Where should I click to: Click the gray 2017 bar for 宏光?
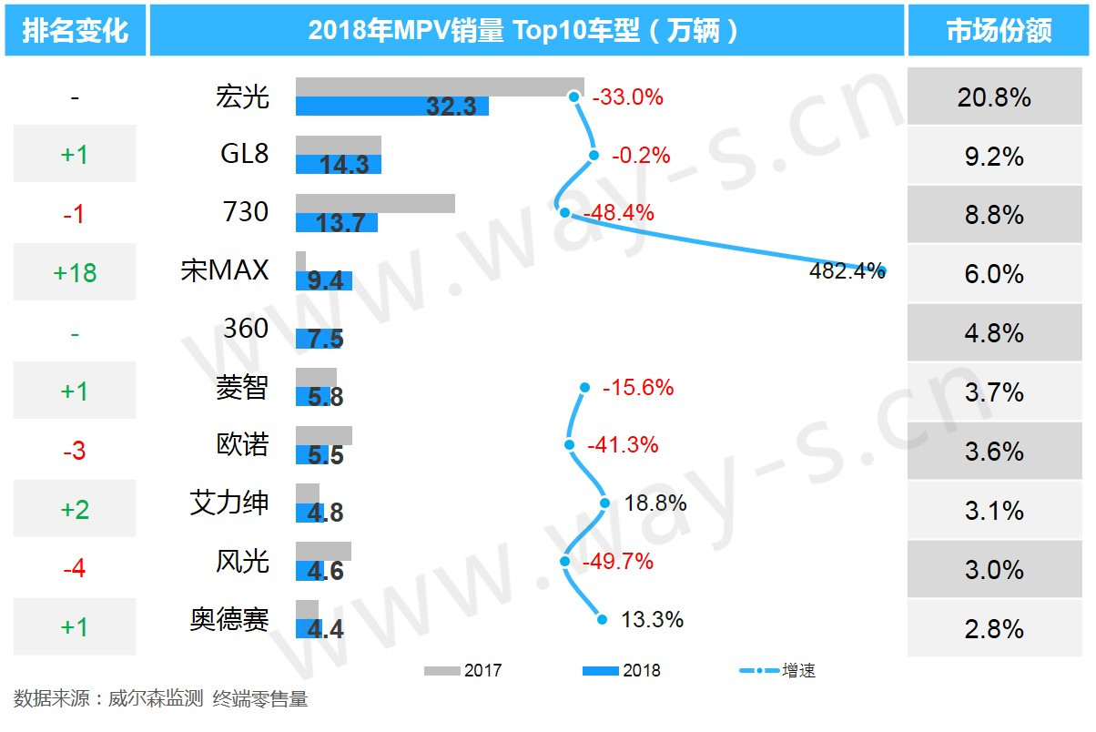[440, 86]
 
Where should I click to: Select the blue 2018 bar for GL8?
[339, 165]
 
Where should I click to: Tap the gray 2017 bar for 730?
[375, 203]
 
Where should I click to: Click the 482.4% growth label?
[847, 270]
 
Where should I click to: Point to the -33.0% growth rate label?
[628, 97]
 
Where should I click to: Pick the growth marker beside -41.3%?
[570, 445]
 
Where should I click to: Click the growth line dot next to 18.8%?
[604, 503]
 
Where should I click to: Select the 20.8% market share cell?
[994, 97]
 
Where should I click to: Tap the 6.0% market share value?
[994, 274]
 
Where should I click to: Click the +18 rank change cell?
[75, 272]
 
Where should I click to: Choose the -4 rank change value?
[75, 569]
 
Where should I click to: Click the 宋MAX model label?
[225, 270]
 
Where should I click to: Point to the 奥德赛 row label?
[229, 620]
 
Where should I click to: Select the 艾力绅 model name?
[229, 503]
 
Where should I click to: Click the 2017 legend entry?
[463, 671]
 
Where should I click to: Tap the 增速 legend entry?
[778, 671]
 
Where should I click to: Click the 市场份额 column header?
[999, 31]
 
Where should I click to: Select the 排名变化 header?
[75, 31]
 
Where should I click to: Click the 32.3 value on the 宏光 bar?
[452, 107]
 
